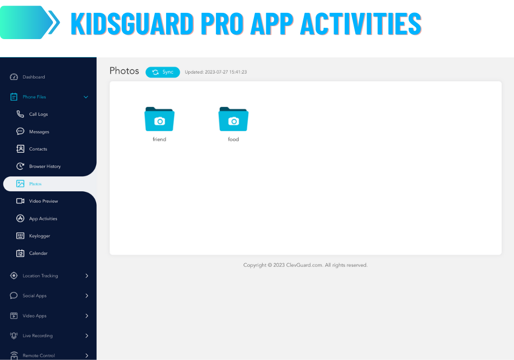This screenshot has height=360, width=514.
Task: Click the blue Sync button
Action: [x=162, y=72]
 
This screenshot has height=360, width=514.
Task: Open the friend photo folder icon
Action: [x=159, y=119]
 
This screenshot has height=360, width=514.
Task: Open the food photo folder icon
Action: [x=233, y=119]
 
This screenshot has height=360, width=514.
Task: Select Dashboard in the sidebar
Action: [x=34, y=77]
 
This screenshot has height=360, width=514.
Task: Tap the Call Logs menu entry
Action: [x=39, y=114]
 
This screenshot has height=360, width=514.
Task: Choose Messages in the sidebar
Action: [x=39, y=132]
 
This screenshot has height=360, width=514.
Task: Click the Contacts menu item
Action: [x=38, y=149]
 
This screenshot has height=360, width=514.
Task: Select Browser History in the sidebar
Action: [x=45, y=166]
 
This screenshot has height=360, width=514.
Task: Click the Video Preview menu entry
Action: [x=43, y=201]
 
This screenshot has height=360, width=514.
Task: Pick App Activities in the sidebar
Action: [x=43, y=219]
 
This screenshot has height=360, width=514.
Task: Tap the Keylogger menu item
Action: [x=40, y=236]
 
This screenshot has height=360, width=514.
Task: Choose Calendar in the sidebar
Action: [x=39, y=253]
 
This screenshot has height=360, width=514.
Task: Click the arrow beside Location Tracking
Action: [x=87, y=276]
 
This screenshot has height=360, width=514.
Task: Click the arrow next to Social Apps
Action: [x=87, y=296]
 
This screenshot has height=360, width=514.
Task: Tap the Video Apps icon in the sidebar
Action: [x=14, y=316]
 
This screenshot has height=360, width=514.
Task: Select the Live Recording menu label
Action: [x=38, y=336]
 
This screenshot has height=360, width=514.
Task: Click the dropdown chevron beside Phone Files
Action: [x=86, y=97]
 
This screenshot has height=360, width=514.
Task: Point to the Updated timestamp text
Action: [x=216, y=72]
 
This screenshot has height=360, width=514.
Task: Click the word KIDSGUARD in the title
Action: [x=132, y=24]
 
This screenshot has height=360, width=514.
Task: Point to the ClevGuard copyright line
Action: [x=305, y=265]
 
